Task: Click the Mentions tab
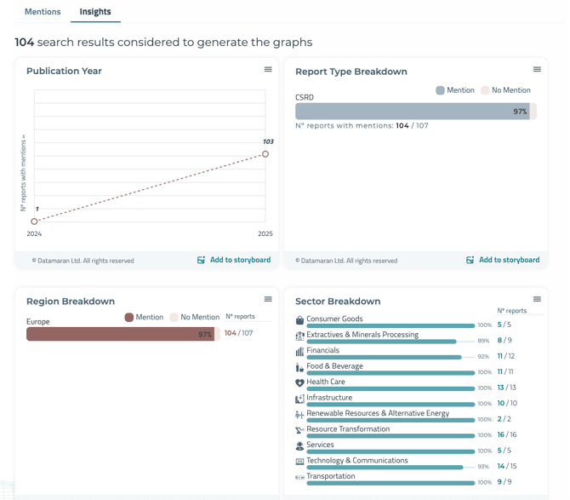click(43, 12)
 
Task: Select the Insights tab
click(96, 12)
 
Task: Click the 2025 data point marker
click(265, 154)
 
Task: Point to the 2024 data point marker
click(34, 221)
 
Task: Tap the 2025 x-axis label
click(265, 233)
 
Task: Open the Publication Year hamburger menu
click(268, 70)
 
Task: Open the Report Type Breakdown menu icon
click(537, 70)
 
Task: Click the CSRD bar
click(413, 112)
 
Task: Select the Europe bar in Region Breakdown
click(120, 335)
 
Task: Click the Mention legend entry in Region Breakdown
click(144, 318)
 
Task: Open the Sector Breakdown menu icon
click(537, 299)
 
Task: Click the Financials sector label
click(322, 350)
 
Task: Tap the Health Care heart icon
click(299, 382)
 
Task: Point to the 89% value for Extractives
click(483, 341)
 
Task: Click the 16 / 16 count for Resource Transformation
click(506, 434)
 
